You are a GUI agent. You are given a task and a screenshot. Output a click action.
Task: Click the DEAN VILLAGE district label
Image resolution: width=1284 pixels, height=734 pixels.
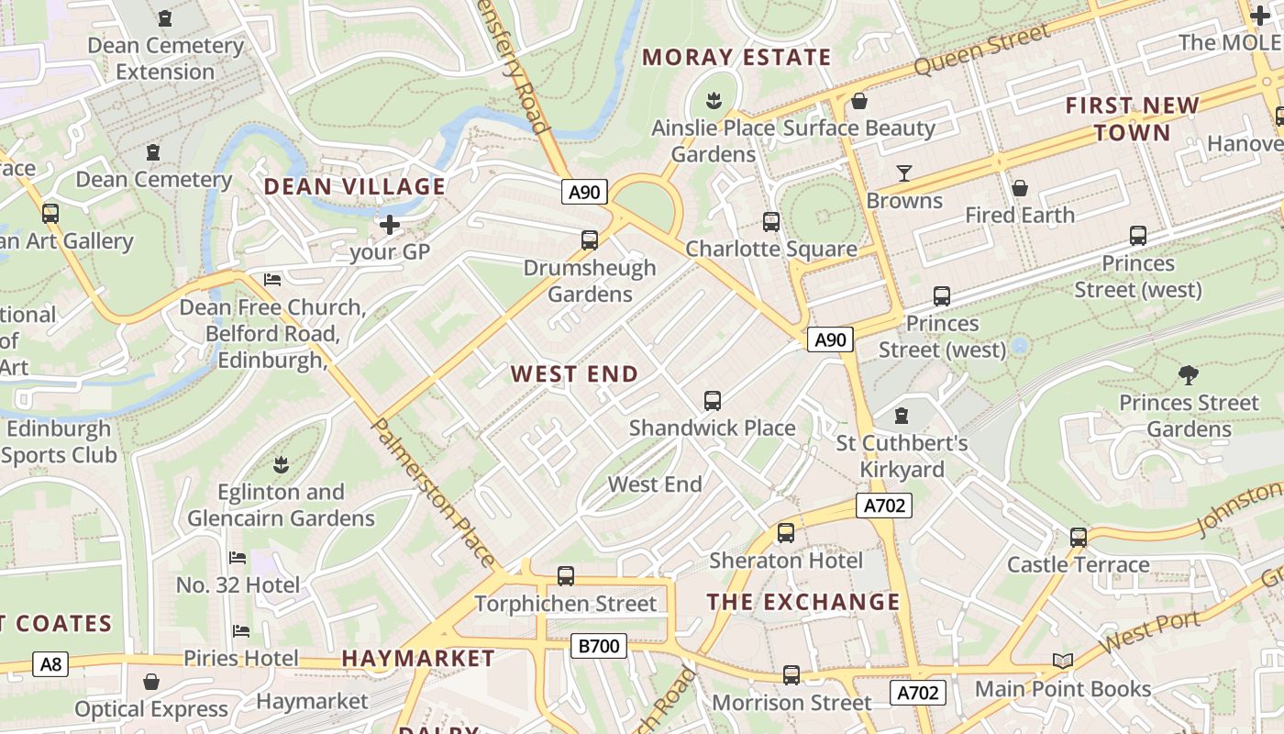click(x=354, y=187)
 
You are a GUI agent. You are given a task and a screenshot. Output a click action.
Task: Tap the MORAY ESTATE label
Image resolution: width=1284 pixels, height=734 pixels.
click(x=736, y=58)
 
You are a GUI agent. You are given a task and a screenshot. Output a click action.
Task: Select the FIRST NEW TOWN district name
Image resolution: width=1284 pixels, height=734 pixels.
click(x=1132, y=119)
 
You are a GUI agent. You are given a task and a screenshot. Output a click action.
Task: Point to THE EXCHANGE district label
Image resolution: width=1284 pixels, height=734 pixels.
click(x=803, y=602)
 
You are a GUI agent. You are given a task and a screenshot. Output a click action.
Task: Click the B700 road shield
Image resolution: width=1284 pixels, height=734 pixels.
click(x=599, y=646)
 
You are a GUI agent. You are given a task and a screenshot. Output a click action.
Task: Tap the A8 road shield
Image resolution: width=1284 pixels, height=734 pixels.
click(x=50, y=664)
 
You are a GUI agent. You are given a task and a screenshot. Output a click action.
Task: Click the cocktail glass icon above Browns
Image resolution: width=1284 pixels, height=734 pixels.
click(x=904, y=173)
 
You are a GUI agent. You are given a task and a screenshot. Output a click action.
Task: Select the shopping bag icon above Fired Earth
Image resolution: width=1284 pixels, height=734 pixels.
click(x=1019, y=188)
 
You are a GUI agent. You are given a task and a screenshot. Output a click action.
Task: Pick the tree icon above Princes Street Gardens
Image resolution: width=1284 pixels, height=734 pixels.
click(x=1189, y=374)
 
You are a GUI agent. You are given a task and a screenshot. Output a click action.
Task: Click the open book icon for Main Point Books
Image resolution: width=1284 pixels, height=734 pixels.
click(x=1062, y=662)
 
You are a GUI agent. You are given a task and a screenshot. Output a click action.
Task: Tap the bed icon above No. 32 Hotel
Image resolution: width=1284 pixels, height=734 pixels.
click(x=238, y=558)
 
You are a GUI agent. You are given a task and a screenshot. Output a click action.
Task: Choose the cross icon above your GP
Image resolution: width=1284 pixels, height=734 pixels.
click(x=390, y=225)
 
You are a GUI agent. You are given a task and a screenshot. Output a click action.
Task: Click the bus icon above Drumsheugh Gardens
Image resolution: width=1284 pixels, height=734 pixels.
click(x=590, y=240)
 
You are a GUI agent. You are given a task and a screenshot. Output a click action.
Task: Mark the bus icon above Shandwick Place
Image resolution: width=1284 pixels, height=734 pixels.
click(x=712, y=401)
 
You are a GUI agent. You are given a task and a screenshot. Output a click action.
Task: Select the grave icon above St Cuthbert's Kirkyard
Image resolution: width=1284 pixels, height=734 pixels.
click(x=902, y=416)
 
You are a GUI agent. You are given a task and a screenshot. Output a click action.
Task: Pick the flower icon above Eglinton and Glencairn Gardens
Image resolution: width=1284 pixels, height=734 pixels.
click(x=281, y=464)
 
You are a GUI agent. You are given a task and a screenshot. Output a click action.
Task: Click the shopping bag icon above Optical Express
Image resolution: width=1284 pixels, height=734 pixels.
click(x=151, y=682)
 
